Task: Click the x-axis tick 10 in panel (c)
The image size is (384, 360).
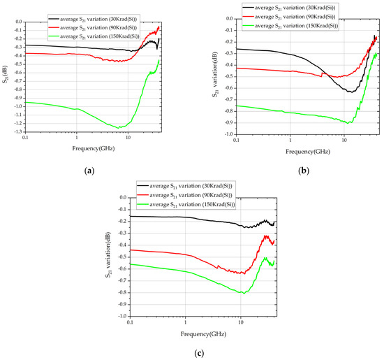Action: (240, 323)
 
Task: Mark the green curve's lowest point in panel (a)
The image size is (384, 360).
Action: (120, 127)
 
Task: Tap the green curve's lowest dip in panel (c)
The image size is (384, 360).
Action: (242, 293)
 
